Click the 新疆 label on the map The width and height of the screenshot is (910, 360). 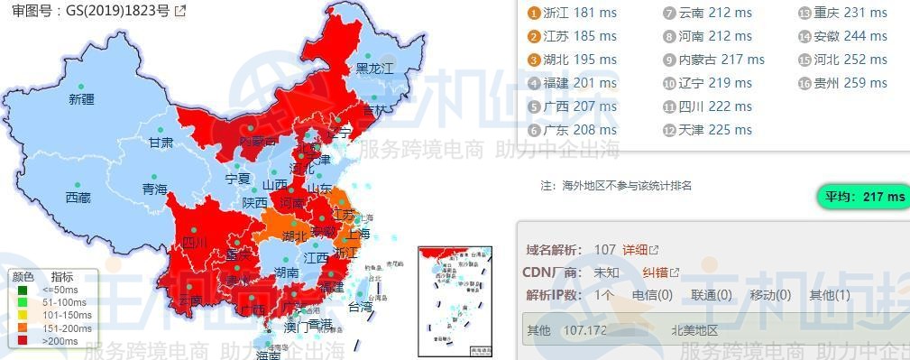coord(81,99)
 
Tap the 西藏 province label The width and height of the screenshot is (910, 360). coord(78,198)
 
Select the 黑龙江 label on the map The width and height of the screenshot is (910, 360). coord(374,69)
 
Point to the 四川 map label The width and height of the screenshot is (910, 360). coord(194,243)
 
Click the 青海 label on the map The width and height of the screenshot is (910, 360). coord(154,189)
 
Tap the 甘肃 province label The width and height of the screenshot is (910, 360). coord(161,143)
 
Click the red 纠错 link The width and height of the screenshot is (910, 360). coord(660,272)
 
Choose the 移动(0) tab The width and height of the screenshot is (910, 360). coord(770,295)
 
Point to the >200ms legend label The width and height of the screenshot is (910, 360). coord(65,341)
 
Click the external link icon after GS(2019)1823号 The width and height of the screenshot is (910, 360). coord(180,12)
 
